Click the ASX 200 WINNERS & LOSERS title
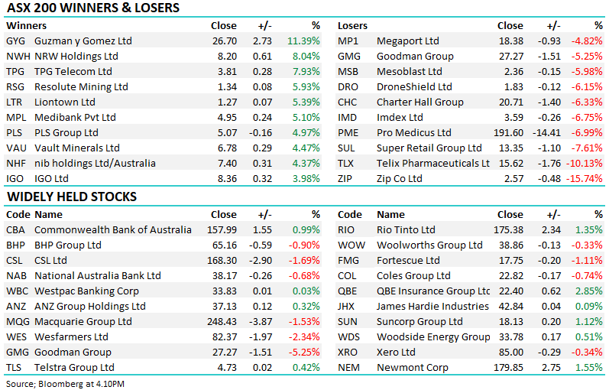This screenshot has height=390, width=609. tap(93, 8)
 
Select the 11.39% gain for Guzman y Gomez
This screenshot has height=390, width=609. tap(303, 41)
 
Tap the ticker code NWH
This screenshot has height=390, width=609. tap(18, 56)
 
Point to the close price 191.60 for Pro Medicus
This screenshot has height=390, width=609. tap(508, 132)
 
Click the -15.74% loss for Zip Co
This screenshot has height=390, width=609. tap(584, 178)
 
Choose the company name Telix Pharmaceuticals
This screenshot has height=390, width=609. tap(433, 164)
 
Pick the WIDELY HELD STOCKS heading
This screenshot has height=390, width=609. tap(72, 197)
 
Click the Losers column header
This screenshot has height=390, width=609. tap(352, 26)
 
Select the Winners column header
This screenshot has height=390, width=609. tap(27, 26)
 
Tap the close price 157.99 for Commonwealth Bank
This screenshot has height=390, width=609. tap(222, 230)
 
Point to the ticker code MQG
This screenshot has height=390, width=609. tap(18, 322)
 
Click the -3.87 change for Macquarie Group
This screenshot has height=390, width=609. tap(261, 322)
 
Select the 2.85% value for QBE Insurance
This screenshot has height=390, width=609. tap(589, 291)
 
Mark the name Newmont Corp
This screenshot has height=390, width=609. tap(413, 368)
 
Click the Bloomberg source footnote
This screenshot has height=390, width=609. tap(65, 384)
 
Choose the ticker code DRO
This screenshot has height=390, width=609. tap(348, 86)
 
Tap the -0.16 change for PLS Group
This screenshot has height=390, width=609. tap(261, 132)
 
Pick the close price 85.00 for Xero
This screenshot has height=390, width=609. tap(511, 353)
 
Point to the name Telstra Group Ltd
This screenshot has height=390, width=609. tap(74, 368)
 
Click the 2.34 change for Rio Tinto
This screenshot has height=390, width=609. tap(551, 230)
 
